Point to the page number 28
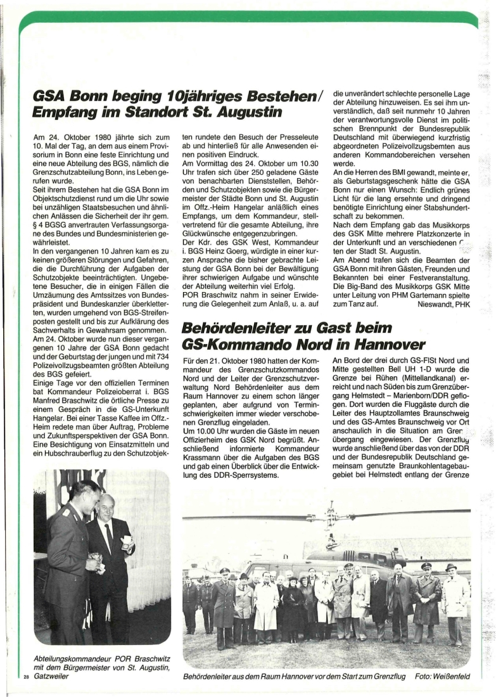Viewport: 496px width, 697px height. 26,677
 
